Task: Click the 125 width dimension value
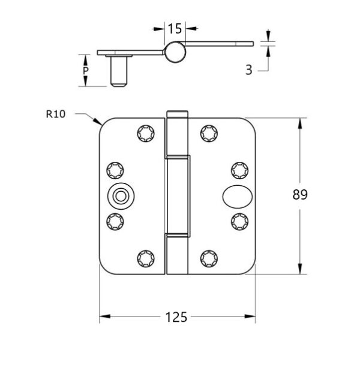tap(176, 317)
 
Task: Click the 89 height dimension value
tap(300, 195)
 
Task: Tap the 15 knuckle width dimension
tap(175, 29)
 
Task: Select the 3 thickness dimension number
tap(249, 70)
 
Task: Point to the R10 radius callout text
tap(56, 114)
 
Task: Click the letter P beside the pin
tap(86, 70)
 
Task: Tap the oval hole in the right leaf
tap(238, 197)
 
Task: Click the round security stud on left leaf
tap(121, 196)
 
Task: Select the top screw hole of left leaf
tap(146, 134)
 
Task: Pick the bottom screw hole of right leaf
tap(209, 259)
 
